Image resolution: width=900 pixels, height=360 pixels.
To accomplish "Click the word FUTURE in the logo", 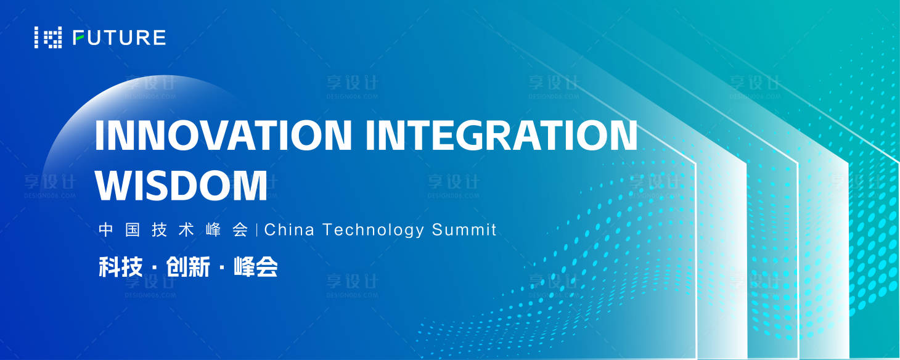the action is pyautogui.click(x=120, y=38).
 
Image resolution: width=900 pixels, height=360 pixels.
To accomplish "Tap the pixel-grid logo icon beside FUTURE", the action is pyautogui.click(x=48, y=38).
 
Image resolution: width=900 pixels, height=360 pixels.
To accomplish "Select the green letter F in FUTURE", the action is pyautogui.click(x=79, y=38).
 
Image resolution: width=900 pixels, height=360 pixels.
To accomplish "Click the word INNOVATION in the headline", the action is pyautogui.click(x=223, y=134).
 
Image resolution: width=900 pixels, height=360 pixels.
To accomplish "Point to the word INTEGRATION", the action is pyautogui.click(x=501, y=134).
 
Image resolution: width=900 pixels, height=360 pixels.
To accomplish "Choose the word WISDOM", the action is pyautogui.click(x=181, y=185).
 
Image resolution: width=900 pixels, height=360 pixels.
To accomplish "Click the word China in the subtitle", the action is pyautogui.click(x=289, y=229).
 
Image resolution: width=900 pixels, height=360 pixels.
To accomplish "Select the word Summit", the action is pyautogui.click(x=464, y=229).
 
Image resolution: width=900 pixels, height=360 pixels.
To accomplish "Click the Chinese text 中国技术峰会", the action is pyautogui.click(x=174, y=230).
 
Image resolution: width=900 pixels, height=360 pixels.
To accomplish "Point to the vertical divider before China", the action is pyautogui.click(x=256, y=230).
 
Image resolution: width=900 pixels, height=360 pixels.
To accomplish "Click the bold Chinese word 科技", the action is pyautogui.click(x=121, y=266).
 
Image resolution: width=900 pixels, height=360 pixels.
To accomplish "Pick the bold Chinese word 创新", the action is pyautogui.click(x=187, y=266).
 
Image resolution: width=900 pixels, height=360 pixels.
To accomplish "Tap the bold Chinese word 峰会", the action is pyautogui.click(x=256, y=266).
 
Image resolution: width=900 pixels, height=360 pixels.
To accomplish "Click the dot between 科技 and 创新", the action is pyautogui.click(x=154, y=267).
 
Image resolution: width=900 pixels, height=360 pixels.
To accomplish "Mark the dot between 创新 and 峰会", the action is pyautogui.click(x=222, y=267).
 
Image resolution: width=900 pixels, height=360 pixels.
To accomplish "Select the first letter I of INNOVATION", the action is pyautogui.click(x=99, y=134).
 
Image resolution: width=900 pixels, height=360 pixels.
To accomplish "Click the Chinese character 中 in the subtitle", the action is pyautogui.click(x=105, y=230).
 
